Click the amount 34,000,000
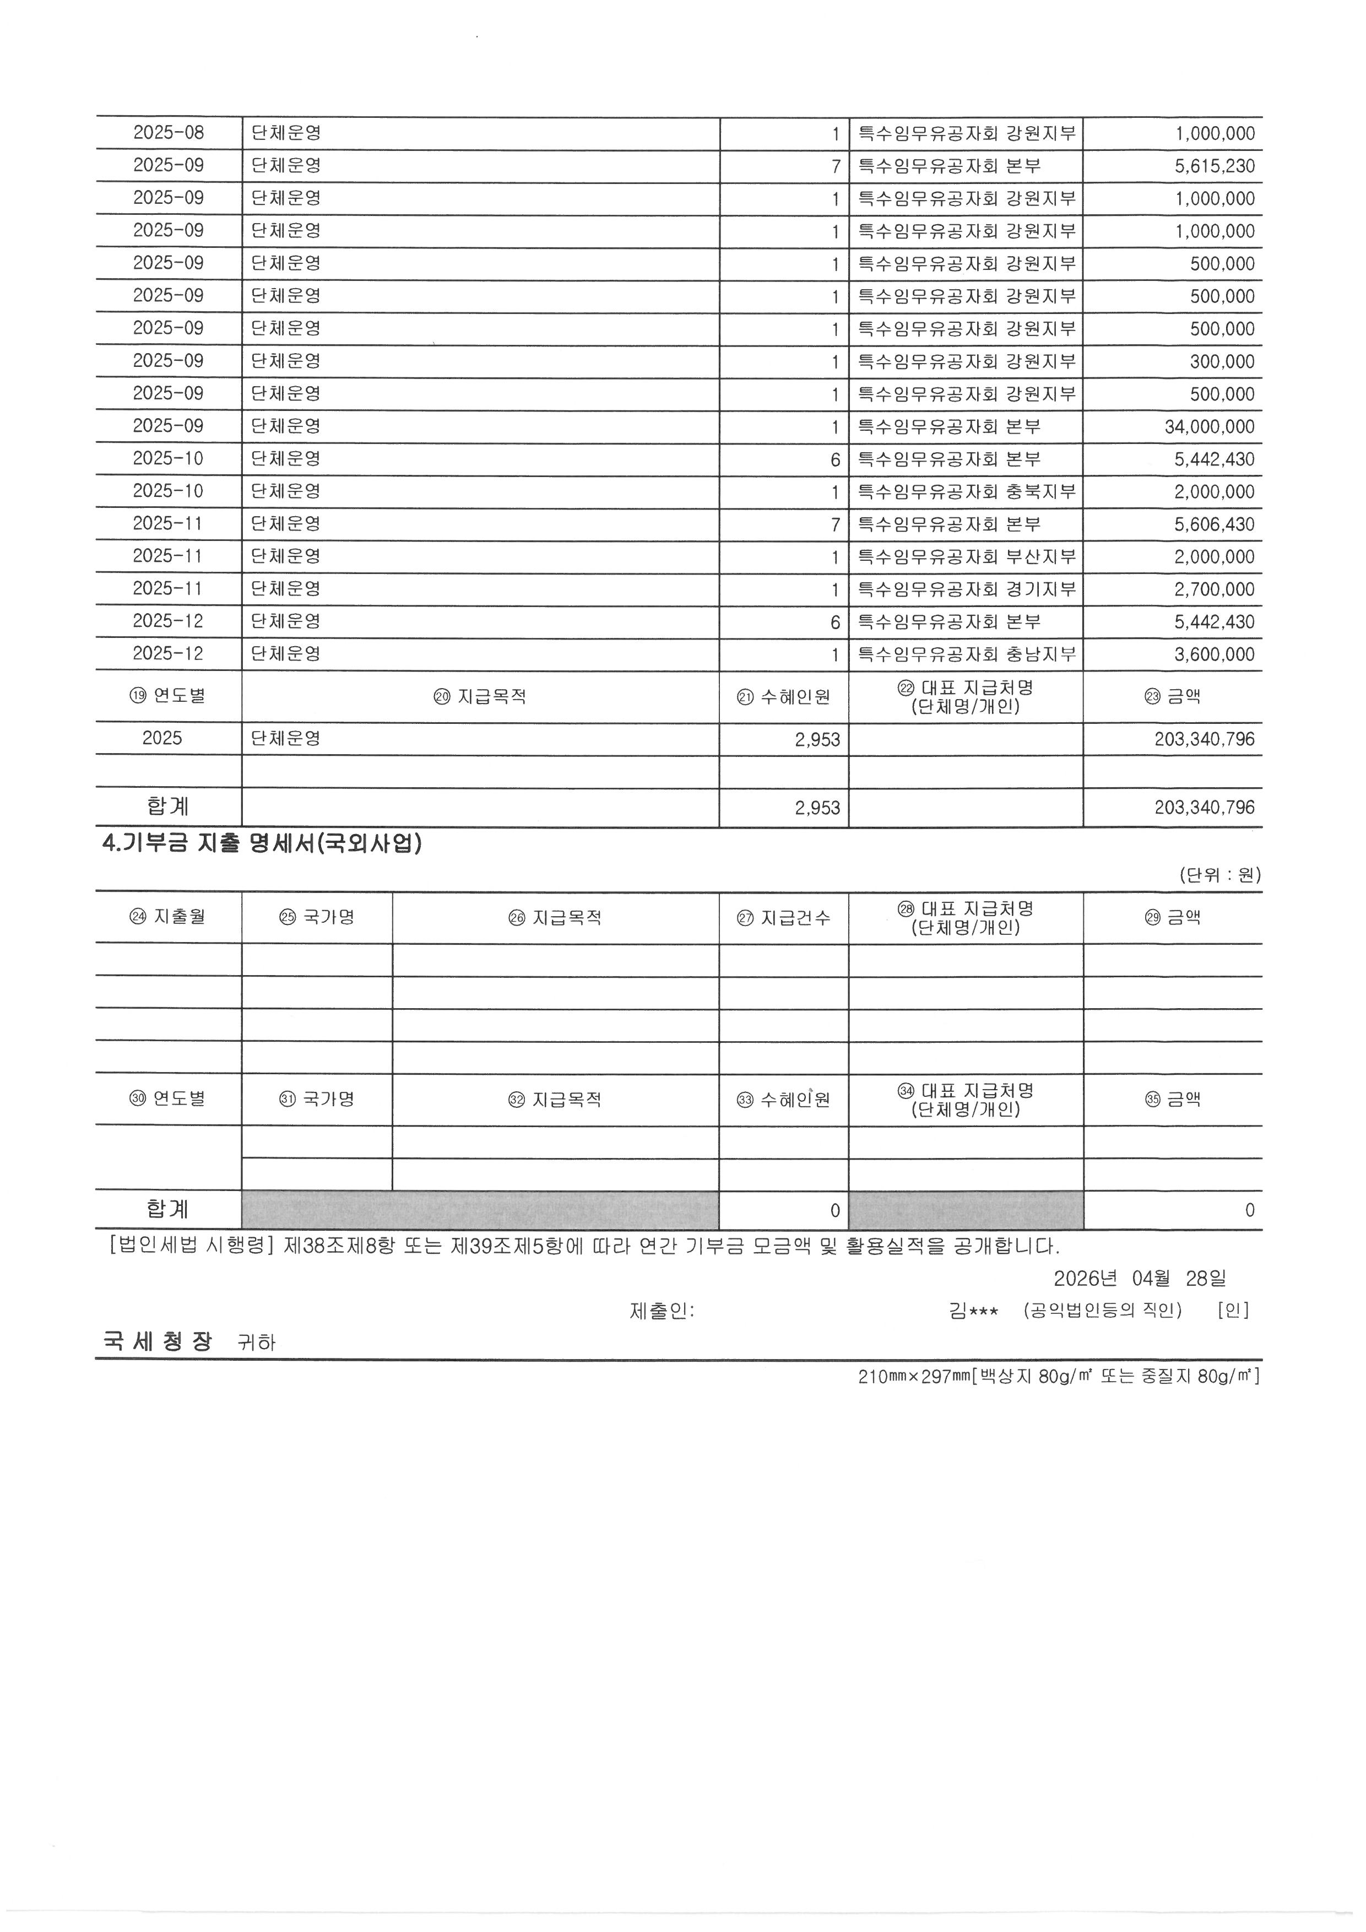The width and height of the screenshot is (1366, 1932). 1208,426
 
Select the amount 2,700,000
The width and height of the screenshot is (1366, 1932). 1214,589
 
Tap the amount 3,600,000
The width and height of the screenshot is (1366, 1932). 1214,654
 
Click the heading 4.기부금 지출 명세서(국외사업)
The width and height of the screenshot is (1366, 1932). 262,844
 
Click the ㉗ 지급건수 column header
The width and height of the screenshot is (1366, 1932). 784,917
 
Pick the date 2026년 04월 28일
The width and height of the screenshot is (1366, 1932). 1139,1278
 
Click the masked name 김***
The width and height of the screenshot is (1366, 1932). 973,1310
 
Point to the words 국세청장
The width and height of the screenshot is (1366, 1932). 158,1341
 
